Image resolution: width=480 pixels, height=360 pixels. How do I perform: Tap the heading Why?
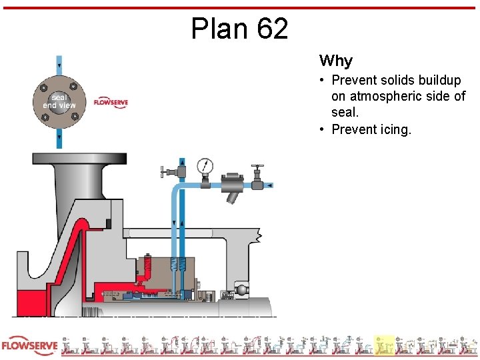[335, 61]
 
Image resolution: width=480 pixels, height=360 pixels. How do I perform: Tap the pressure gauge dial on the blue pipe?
[205, 166]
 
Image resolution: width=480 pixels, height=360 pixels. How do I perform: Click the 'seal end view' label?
[59, 101]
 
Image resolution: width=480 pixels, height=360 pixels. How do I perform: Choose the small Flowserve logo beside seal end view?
[111, 102]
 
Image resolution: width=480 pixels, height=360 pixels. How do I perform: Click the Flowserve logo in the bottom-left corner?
[29, 347]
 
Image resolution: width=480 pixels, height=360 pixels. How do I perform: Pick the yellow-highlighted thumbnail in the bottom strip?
[384, 345]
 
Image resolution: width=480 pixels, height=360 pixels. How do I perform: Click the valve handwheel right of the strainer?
[257, 167]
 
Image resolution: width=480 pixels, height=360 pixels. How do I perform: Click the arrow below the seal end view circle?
[59, 139]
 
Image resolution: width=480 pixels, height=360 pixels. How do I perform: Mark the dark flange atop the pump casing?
[79, 159]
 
